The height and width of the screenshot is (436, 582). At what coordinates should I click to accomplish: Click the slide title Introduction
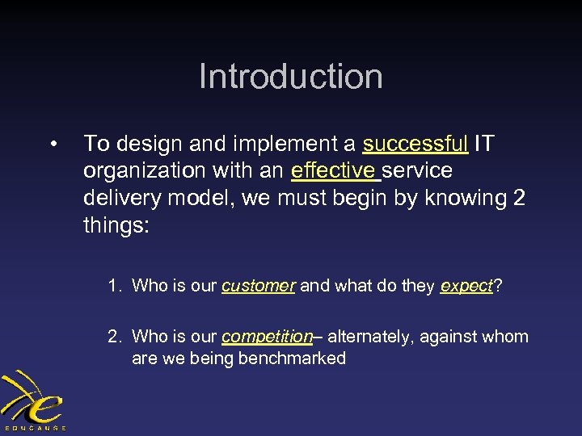click(x=290, y=77)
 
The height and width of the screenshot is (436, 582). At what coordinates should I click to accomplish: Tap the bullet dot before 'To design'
click(x=52, y=145)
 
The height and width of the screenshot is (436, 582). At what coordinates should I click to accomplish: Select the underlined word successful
click(x=415, y=145)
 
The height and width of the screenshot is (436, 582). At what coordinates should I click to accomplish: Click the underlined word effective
click(x=333, y=171)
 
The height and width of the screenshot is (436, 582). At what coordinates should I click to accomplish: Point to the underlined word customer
click(x=258, y=285)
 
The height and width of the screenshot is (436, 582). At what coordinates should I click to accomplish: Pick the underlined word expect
click(x=466, y=285)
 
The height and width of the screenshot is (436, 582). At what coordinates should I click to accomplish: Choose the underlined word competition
click(x=267, y=337)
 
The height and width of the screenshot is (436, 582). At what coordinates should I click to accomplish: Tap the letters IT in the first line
click(x=483, y=145)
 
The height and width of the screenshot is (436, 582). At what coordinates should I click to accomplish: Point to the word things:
click(x=116, y=224)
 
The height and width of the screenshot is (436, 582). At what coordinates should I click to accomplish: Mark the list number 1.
click(x=114, y=285)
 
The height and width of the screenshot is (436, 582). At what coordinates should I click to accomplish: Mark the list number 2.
click(x=114, y=337)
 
